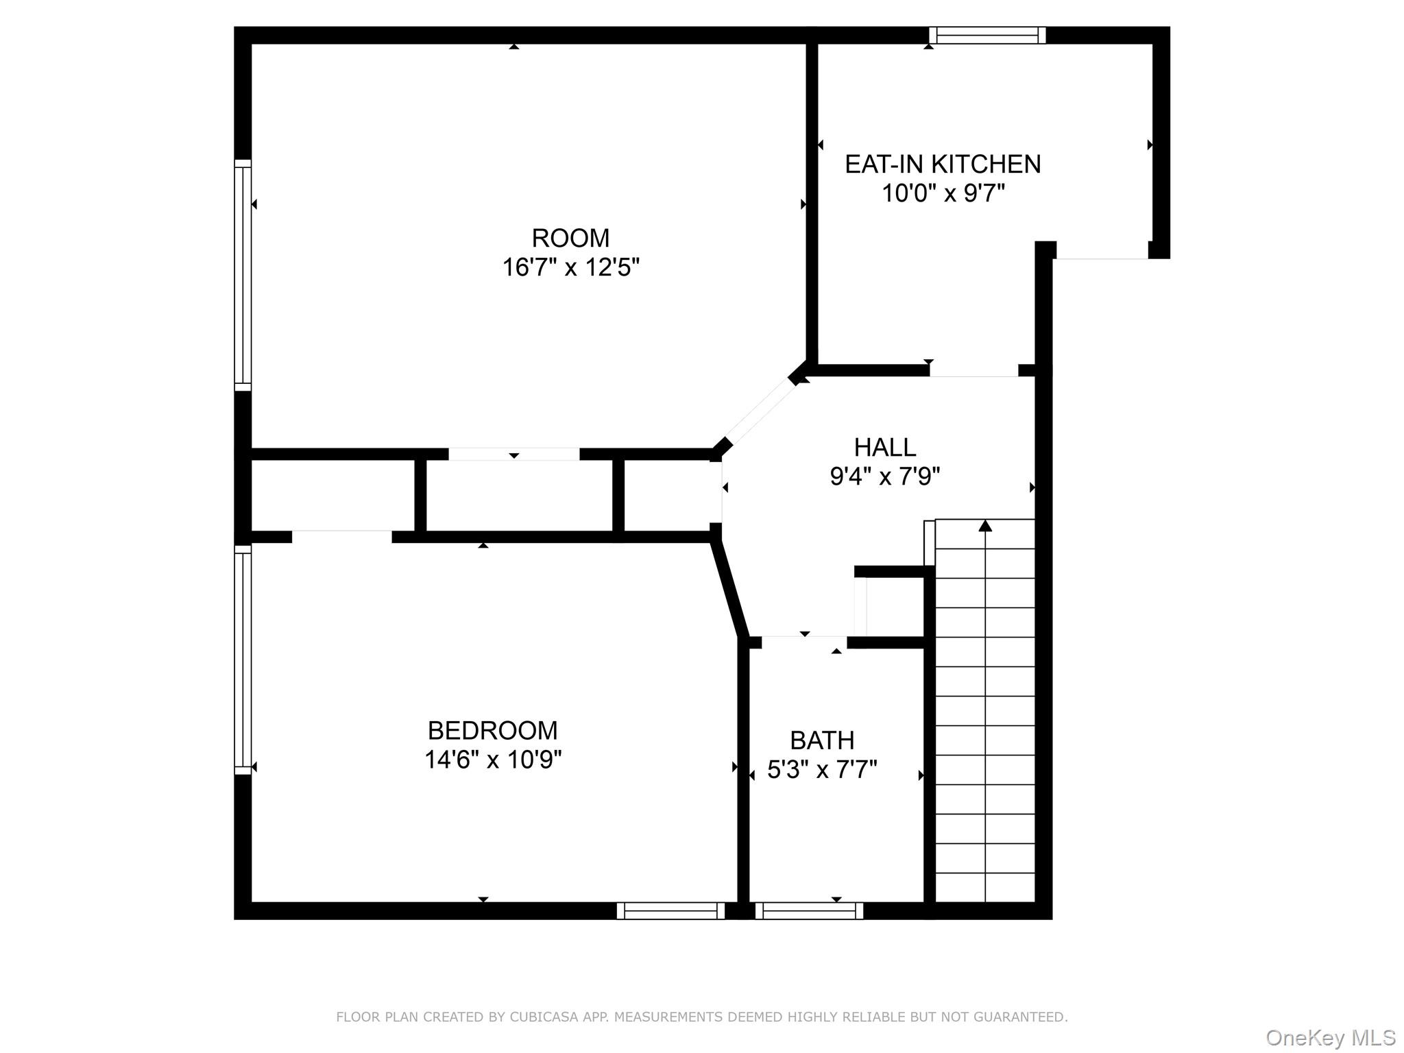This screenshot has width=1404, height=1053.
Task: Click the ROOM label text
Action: pyautogui.click(x=570, y=238)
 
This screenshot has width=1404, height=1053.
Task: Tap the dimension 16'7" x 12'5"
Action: pyautogui.click(x=570, y=267)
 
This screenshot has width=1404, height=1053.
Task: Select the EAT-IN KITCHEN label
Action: pyautogui.click(x=943, y=165)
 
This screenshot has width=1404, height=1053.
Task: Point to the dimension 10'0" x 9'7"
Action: pyautogui.click(x=943, y=194)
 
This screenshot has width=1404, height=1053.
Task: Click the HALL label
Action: pyautogui.click(x=884, y=448)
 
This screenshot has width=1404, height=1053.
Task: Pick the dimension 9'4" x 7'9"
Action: pyautogui.click(x=884, y=476)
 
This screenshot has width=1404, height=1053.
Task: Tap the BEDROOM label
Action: pyautogui.click(x=492, y=731)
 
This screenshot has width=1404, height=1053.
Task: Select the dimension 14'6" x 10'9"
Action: pyautogui.click(x=492, y=760)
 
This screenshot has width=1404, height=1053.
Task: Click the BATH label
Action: pyautogui.click(x=822, y=741)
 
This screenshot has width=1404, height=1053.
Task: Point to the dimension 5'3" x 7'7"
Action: pyautogui.click(x=822, y=771)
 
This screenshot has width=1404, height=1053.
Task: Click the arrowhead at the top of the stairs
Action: pyautogui.click(x=985, y=526)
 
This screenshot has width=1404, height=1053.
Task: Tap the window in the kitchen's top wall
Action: pyautogui.click(x=987, y=35)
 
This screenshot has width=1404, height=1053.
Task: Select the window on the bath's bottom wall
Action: pyautogui.click(x=809, y=910)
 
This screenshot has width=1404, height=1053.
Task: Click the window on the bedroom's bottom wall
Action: pyautogui.click(x=670, y=910)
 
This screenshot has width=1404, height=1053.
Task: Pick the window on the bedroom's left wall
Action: pyautogui.click(x=243, y=659)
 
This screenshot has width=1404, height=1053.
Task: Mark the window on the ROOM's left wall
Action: pyautogui.click(x=243, y=275)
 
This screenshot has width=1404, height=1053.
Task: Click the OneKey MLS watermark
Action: pyautogui.click(x=1330, y=1038)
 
